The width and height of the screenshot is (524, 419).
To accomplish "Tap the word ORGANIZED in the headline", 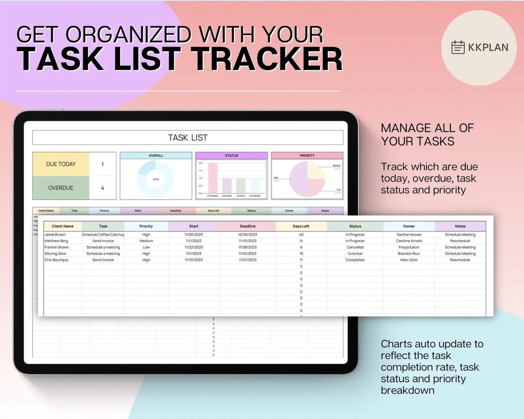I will tap(131, 35).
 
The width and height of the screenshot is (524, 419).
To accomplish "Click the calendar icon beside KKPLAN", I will tap(458, 48).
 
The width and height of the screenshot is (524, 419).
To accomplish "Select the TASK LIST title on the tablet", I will tap(188, 138).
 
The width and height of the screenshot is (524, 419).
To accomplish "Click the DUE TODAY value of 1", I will tap(102, 164).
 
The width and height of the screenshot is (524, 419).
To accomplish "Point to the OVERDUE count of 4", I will tap(102, 188).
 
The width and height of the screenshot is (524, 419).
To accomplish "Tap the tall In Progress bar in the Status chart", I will tap(213, 178).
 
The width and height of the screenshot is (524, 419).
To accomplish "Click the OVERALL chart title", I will tap(156, 156).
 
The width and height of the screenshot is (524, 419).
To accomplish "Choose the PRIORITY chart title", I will tap(307, 156).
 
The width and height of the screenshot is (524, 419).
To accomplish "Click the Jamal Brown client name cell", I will tap(55, 235).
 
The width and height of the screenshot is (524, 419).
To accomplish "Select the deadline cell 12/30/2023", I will tap(247, 235).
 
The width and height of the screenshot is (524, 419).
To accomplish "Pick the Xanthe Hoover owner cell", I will tap(409, 235).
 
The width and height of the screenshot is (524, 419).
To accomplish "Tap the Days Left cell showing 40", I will tap(301, 235).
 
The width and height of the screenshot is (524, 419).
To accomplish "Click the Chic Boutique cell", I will tap(56, 260).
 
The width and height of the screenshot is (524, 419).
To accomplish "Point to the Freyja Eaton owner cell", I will tap(409, 247).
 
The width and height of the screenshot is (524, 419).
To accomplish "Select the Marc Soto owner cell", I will tap(409, 260).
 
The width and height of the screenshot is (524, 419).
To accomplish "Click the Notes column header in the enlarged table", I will tap(460, 226).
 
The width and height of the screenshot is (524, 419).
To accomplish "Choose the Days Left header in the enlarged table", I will tap(301, 226).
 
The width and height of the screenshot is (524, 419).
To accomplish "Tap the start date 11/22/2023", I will tap(194, 247).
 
